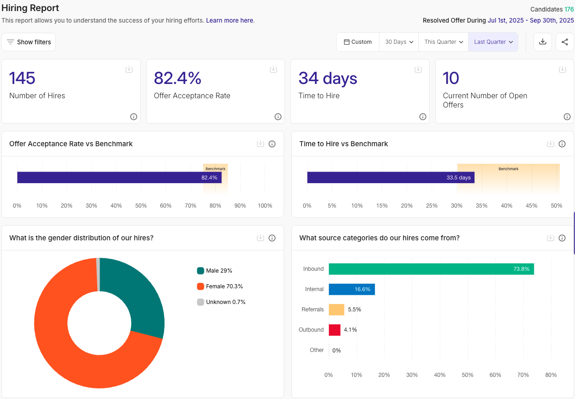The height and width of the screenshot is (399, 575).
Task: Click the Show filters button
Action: point(29,42)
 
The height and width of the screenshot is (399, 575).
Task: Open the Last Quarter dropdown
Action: point(493,42)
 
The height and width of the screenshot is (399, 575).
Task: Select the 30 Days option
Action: point(398,42)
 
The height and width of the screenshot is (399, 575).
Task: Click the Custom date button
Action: point(358,42)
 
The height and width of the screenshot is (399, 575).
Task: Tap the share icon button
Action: point(565,42)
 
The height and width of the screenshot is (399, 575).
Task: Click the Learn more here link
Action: point(230,21)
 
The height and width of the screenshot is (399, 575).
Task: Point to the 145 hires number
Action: point(22,78)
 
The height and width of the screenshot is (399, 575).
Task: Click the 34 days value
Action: point(327,78)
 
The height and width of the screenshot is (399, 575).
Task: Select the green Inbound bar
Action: point(431,269)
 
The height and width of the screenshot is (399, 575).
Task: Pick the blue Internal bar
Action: point(351,289)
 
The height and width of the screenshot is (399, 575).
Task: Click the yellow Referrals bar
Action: point(336,310)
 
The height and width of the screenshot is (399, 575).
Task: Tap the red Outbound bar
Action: point(334,330)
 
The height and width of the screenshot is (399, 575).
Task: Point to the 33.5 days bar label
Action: point(458,178)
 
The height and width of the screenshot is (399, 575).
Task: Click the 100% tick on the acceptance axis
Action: point(265,206)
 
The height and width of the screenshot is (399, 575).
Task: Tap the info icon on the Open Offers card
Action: point(567,117)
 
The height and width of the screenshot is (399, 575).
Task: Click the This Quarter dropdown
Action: point(444,42)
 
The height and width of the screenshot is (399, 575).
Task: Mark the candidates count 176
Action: point(569,9)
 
